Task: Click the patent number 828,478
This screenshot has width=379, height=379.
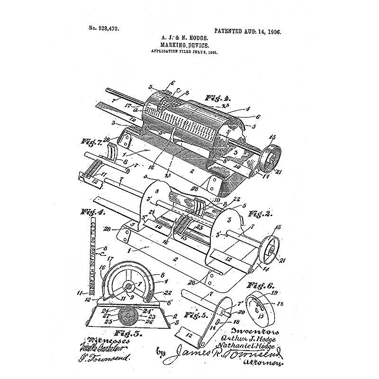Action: pyautogui.click(x=103, y=28)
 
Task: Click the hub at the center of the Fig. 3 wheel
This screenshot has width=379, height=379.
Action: pyautogui.click(x=128, y=286)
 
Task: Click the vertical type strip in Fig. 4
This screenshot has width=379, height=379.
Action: pyautogui.click(x=92, y=256)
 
